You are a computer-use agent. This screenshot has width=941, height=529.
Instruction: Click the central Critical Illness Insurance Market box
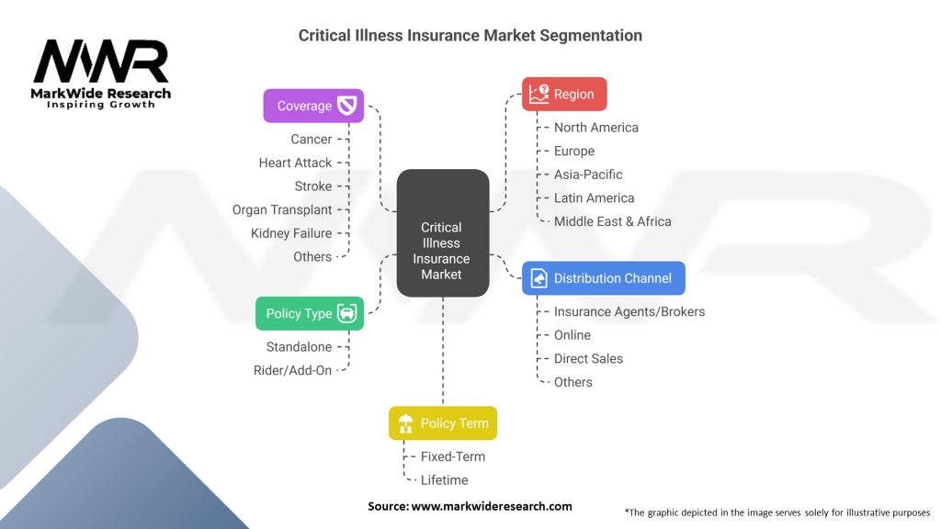tap(442, 233)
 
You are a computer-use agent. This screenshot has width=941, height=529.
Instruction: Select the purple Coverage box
tap(313, 106)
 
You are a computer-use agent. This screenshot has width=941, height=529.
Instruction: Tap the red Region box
tap(564, 94)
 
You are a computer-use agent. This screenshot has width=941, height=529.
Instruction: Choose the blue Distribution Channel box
tap(603, 278)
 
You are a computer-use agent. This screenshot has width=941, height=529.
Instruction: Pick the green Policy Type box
tap(310, 313)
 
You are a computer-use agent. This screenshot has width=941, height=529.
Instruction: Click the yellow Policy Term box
tap(443, 423)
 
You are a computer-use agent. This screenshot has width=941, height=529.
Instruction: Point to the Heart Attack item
tap(295, 163)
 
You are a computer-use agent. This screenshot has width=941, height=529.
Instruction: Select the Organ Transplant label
tap(282, 209)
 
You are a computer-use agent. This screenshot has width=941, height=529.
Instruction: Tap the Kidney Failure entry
tap(291, 233)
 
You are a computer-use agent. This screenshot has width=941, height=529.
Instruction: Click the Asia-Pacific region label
tap(588, 174)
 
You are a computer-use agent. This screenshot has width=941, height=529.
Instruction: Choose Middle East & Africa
tap(612, 221)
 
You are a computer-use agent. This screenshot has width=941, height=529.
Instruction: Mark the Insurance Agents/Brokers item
tap(629, 311)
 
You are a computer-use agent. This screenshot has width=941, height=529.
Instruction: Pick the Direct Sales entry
tap(588, 358)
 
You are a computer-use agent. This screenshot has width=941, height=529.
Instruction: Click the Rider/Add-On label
tap(292, 370)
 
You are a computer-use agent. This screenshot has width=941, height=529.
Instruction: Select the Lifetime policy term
tap(444, 479)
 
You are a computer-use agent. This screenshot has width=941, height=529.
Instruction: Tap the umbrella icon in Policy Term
tap(405, 423)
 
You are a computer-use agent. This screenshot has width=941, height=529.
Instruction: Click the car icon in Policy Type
tap(346, 313)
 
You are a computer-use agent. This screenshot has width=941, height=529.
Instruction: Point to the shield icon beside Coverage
tap(346, 106)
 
